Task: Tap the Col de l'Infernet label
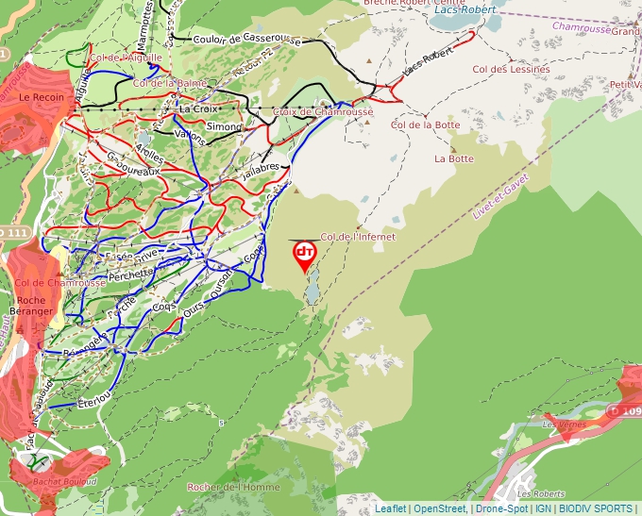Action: (358, 237)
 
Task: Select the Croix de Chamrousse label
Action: (323, 112)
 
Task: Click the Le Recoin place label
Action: (39, 97)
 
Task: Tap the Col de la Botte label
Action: (425, 125)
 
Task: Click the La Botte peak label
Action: (453, 158)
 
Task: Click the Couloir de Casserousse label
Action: (245, 41)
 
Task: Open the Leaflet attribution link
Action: (390, 508)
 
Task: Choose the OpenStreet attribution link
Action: (440, 508)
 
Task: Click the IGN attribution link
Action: (543, 508)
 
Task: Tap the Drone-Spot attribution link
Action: (501, 508)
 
